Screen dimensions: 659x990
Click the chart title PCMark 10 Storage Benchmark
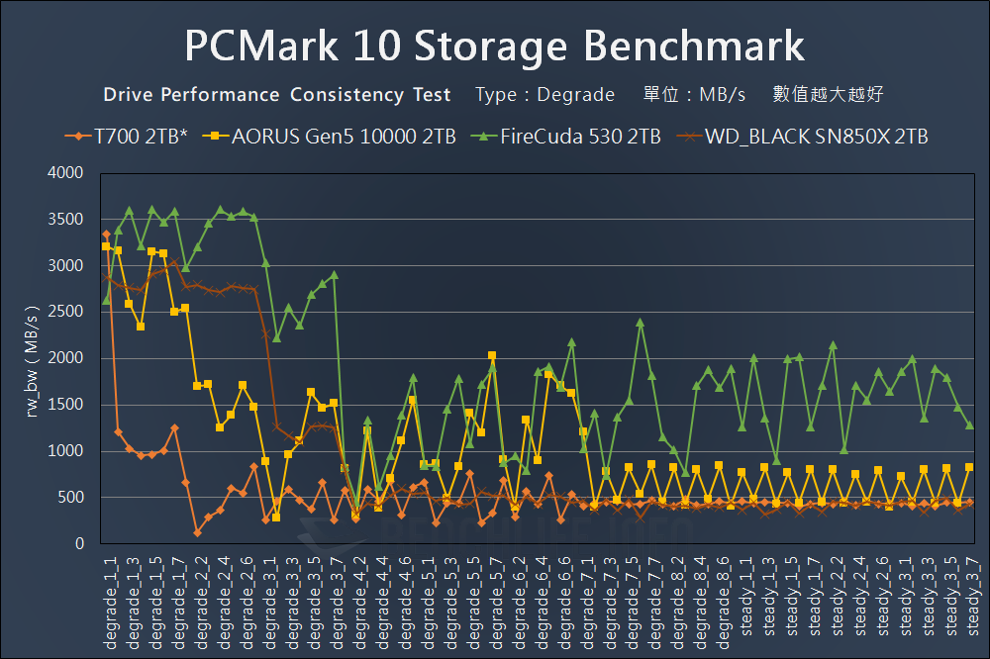[494, 46]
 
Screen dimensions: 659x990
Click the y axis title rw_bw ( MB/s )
[32, 358]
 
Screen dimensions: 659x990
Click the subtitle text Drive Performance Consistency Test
[277, 95]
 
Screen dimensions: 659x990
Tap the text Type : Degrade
[544, 95]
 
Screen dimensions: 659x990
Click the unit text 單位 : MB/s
[694, 95]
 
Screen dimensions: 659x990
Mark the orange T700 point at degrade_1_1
[106, 235]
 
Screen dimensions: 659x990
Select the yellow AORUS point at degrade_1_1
[106, 246]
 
